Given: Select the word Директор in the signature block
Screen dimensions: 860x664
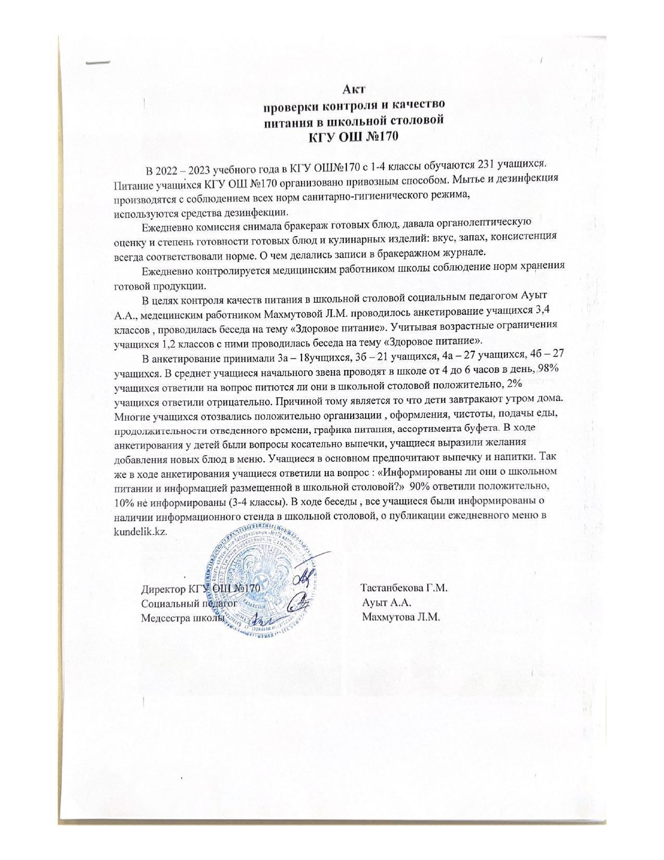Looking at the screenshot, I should (161, 589).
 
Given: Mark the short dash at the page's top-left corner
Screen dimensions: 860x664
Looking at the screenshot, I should (98, 62).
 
